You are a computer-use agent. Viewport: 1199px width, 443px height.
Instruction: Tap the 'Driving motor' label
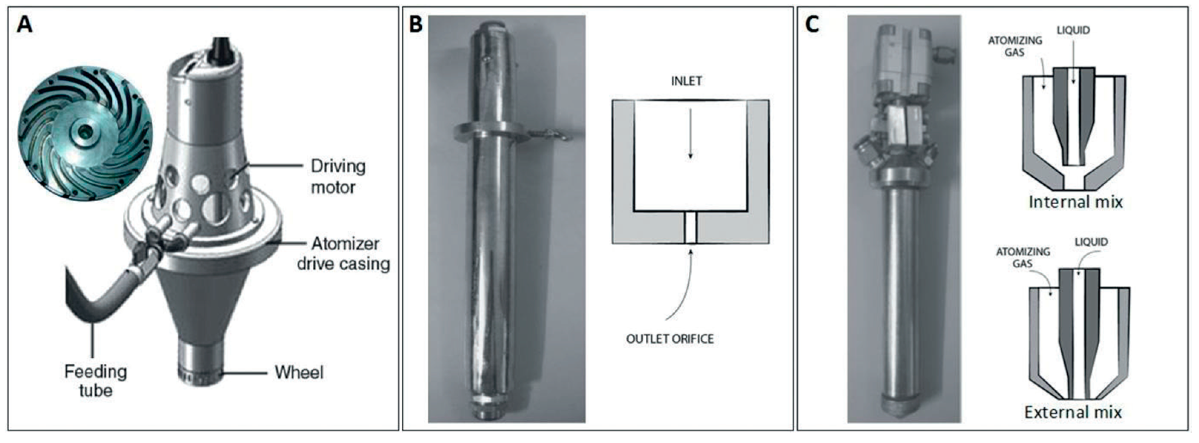click(x=337, y=177)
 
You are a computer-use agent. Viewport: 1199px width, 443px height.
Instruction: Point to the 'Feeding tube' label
click(x=95, y=381)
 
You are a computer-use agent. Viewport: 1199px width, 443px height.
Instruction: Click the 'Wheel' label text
click(x=299, y=372)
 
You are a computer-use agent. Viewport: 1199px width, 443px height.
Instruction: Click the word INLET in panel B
click(x=686, y=81)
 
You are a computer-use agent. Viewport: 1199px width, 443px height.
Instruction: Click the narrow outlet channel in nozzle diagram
click(x=690, y=228)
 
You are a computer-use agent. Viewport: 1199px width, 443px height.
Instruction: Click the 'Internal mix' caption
click(x=1075, y=202)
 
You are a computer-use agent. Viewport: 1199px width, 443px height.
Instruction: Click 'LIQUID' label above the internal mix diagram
click(x=1073, y=31)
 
